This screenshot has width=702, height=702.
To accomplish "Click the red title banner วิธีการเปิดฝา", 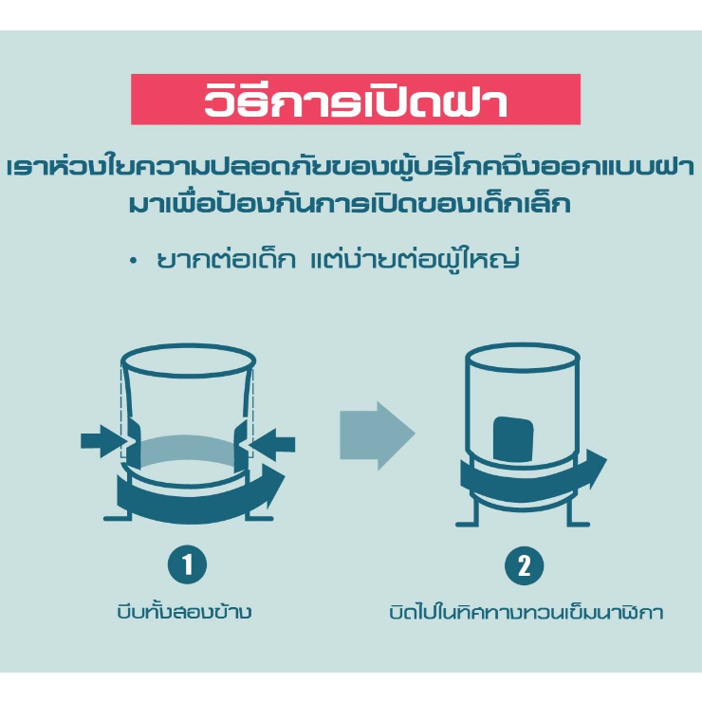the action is click(x=356, y=100).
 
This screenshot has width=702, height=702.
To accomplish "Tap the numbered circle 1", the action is click(x=187, y=564).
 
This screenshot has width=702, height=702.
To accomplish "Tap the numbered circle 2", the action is click(x=524, y=565).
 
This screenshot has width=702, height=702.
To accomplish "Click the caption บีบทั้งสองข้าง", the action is click(x=184, y=612).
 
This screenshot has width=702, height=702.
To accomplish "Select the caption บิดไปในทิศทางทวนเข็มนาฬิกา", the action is click(x=526, y=612).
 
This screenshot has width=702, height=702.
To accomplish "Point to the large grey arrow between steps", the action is click(x=378, y=435).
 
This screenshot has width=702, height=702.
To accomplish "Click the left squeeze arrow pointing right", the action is click(x=103, y=441).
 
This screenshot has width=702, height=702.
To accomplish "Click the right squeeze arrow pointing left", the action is click(x=272, y=444).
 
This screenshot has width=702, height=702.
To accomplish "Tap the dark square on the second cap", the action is click(x=513, y=439).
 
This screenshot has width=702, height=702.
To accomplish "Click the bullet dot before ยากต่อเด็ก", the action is click(x=133, y=261).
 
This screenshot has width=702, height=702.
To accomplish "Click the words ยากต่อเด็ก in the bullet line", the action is click(x=226, y=259).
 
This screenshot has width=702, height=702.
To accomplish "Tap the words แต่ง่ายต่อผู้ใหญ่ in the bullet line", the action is click(x=415, y=258).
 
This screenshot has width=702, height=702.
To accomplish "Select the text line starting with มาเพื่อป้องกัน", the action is click(x=350, y=204).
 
